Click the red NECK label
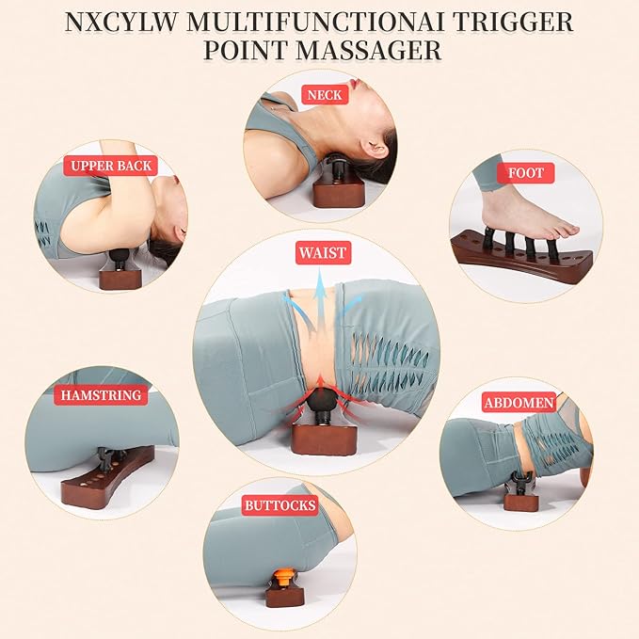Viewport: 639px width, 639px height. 325,94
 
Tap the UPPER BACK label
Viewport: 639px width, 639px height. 110,166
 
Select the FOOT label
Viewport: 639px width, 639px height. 526,173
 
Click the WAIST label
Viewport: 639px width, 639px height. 323,252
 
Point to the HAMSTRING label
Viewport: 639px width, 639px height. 101,395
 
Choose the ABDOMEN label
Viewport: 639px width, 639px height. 519,403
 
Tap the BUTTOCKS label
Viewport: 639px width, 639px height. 280,505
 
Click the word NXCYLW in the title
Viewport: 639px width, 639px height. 121,23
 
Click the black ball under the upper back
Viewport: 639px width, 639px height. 120,256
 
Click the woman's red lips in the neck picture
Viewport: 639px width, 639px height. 358,85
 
